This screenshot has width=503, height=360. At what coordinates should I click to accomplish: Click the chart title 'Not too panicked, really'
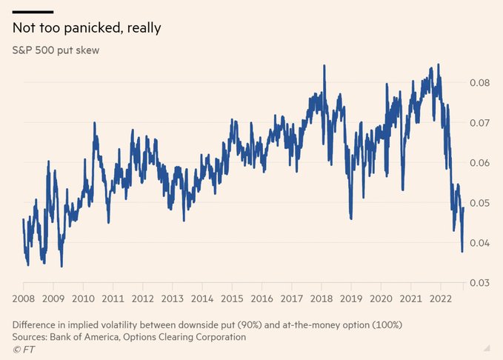tap(87, 28)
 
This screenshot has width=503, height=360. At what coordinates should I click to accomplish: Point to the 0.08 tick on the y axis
tap(482, 82)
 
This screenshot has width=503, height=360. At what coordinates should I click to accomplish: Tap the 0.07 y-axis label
tap(482, 122)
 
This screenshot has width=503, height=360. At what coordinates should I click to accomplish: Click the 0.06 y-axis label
tap(482, 162)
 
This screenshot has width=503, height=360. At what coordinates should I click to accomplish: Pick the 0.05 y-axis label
tap(482, 202)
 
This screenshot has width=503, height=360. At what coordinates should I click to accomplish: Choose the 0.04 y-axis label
tap(482, 243)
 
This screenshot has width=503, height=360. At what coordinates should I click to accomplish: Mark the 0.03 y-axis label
tap(482, 283)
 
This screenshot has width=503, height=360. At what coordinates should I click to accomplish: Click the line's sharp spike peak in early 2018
tap(324, 65)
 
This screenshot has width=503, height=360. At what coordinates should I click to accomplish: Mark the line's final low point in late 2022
tap(462, 252)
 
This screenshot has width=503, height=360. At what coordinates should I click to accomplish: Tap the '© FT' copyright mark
tap(24, 347)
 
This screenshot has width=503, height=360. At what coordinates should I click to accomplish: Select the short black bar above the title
tap(33, 12)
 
